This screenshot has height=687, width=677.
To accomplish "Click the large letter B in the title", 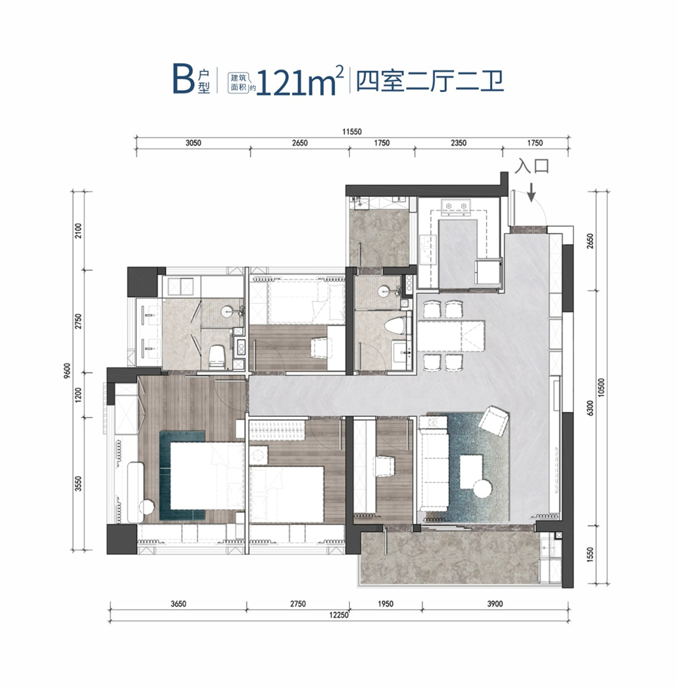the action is [x=183, y=79].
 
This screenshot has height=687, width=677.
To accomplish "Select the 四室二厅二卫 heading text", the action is [x=430, y=81].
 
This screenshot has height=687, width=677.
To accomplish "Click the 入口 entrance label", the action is [x=531, y=167].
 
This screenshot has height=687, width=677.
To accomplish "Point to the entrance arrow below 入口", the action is [x=531, y=192].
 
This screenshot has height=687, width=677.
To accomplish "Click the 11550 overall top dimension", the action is [x=352, y=131].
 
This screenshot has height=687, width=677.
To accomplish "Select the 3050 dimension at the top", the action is [x=193, y=143].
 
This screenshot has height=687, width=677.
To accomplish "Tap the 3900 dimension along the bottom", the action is [x=495, y=604].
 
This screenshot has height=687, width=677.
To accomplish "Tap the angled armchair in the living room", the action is [x=494, y=420].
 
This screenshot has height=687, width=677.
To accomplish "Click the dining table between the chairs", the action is [x=452, y=336].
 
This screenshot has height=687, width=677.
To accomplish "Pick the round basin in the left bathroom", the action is [x=227, y=312].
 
